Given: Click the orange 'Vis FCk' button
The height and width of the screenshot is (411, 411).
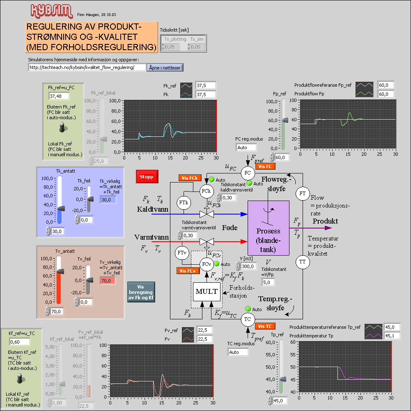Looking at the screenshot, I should [190, 178].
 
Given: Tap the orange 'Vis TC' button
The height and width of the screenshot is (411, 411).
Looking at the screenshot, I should [264, 326].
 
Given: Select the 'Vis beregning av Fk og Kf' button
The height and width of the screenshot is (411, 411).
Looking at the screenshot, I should [141, 292].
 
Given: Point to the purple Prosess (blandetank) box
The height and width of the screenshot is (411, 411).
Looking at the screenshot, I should [268, 228].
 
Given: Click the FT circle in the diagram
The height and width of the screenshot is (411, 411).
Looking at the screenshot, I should [303, 193].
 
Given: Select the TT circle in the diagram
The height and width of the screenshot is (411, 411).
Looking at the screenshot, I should [303, 261].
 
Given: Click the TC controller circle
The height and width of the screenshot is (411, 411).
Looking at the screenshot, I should [247, 319].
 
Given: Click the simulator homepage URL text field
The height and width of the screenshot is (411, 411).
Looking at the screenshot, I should [87, 67].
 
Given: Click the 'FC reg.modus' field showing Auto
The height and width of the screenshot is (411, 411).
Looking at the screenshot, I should [246, 147].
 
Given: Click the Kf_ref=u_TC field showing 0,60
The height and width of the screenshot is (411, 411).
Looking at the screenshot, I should [19, 342].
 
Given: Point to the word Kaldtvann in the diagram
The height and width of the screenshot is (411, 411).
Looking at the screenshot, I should [153, 209].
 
